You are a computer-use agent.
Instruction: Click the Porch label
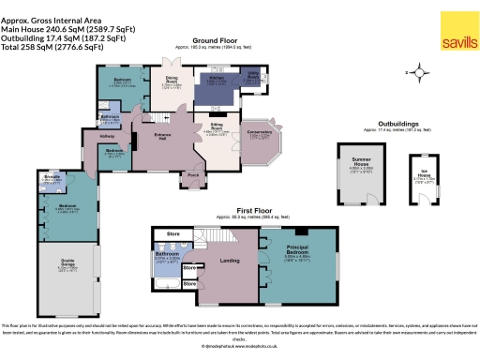(x=194, y=173)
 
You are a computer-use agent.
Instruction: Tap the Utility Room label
(x=255, y=78)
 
